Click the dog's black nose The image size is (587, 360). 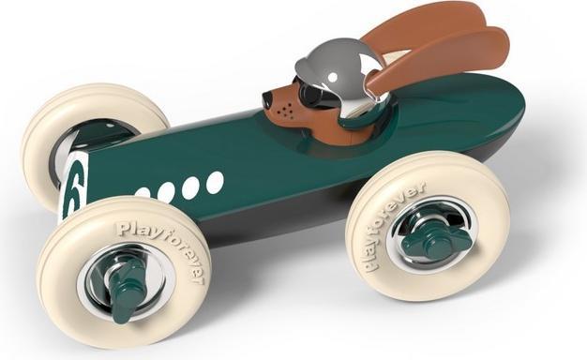pyautogui.click(x=267, y=98)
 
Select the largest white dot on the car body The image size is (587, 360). pyautogui.click(x=215, y=182)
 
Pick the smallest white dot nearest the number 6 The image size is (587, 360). pyautogui.click(x=143, y=192)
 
